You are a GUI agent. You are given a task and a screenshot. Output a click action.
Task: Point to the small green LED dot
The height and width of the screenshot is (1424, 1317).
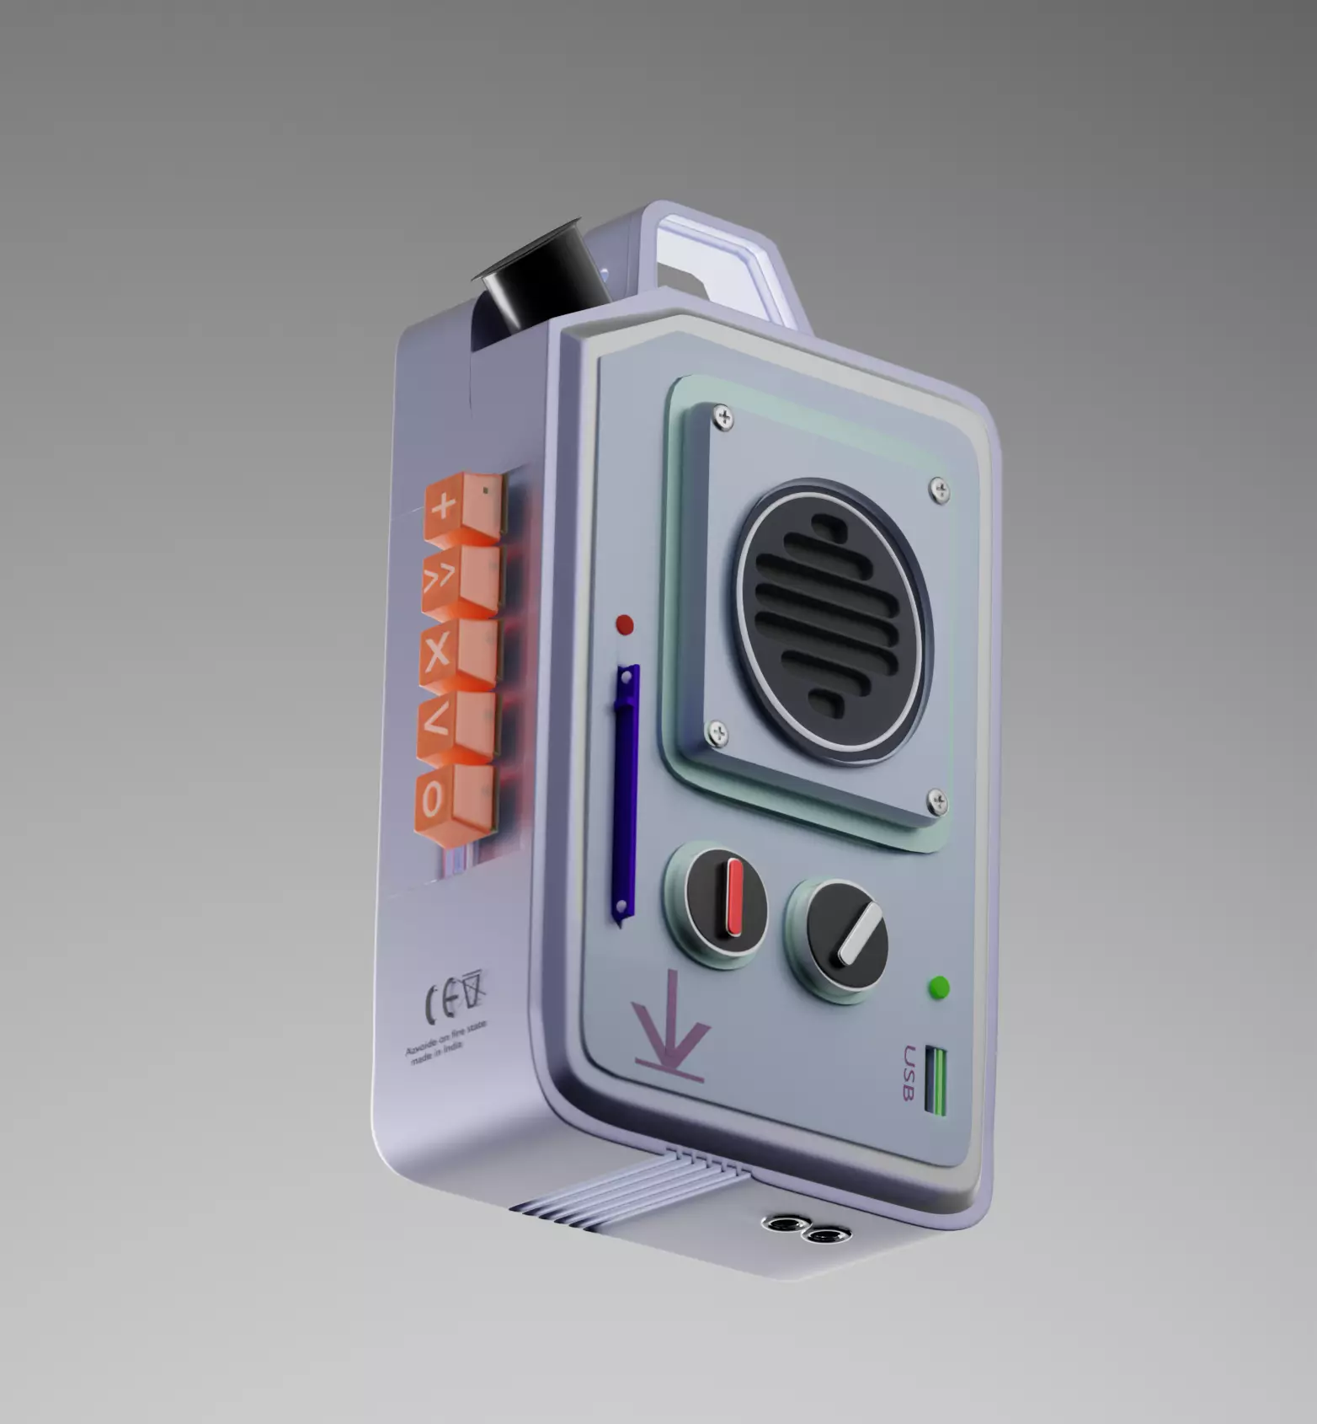click(x=938, y=988)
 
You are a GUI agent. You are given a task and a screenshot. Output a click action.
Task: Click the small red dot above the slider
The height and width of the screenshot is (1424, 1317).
click(x=625, y=625)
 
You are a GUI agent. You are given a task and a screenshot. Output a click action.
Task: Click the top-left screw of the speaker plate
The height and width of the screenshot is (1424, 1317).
click(x=722, y=415)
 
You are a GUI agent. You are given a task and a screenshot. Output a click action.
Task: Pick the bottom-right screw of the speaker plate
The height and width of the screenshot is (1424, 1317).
click(x=936, y=802)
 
